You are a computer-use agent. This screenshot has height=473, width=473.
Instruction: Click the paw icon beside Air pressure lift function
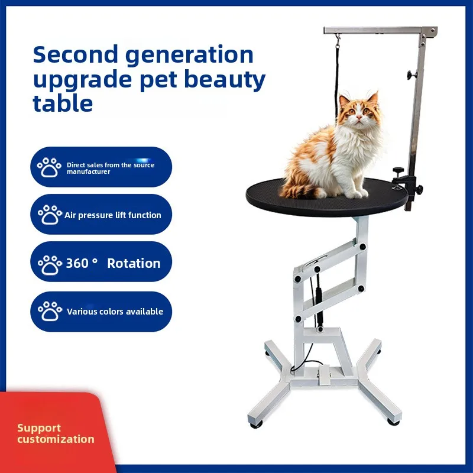click(49, 215)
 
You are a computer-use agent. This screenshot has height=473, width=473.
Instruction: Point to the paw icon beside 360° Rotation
click(49, 263)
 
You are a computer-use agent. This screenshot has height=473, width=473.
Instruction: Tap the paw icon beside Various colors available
click(49, 311)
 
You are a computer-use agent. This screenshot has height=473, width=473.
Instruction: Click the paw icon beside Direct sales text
click(49, 167)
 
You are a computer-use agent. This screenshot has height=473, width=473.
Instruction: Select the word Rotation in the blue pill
click(134, 263)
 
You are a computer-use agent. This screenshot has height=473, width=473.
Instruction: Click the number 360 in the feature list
click(77, 263)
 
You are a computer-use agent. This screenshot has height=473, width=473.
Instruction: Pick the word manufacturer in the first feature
click(89, 172)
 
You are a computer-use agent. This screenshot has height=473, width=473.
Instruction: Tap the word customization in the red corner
click(56, 439)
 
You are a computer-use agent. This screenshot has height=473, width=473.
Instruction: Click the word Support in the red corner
click(39, 427)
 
